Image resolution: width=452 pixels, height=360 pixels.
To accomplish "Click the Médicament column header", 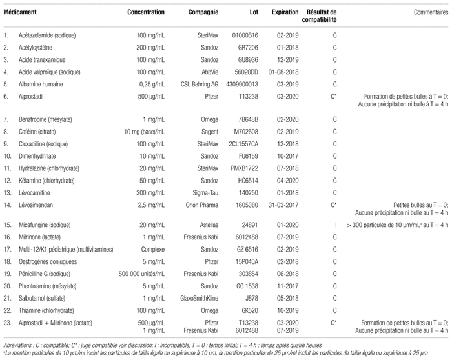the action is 20,12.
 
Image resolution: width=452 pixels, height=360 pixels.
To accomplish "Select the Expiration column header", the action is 285,12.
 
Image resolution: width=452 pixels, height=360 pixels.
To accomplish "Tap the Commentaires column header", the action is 431,12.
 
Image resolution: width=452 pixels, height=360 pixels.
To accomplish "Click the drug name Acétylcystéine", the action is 36,48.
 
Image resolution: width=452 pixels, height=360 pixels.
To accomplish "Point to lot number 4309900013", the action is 242,85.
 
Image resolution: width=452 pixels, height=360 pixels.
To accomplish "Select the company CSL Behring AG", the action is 200,85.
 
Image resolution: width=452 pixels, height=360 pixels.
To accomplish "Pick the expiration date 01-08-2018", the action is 283,72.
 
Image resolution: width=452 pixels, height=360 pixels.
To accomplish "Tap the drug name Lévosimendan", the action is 36,205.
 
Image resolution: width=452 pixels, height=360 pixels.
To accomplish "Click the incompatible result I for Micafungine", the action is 336,225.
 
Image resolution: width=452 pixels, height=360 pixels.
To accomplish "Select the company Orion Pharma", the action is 201,205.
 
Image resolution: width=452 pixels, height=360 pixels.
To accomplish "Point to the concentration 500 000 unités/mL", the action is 141,274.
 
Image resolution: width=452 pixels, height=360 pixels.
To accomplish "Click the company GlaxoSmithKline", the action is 199,298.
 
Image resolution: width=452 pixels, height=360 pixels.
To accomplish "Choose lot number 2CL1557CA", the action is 243,144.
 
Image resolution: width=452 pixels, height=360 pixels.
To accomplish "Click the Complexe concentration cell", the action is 153,250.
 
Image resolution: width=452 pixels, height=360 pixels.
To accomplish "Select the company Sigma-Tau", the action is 205,193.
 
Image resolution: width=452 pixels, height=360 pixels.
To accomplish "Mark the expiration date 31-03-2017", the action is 283,205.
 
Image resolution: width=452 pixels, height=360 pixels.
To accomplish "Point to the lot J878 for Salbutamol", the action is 252,298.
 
